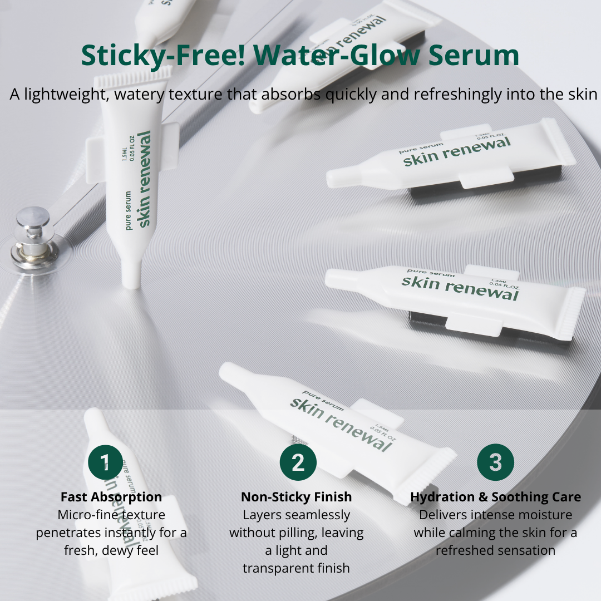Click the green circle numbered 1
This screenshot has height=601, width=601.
coord(106,462)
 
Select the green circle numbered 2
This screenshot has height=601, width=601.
coord(298,462)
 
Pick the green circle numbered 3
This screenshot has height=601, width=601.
coord(495,462)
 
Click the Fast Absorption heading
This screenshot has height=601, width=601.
coord(111,497)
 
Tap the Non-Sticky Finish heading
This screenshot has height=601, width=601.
coord(297,497)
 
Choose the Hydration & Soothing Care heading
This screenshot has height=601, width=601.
coord(495,497)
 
